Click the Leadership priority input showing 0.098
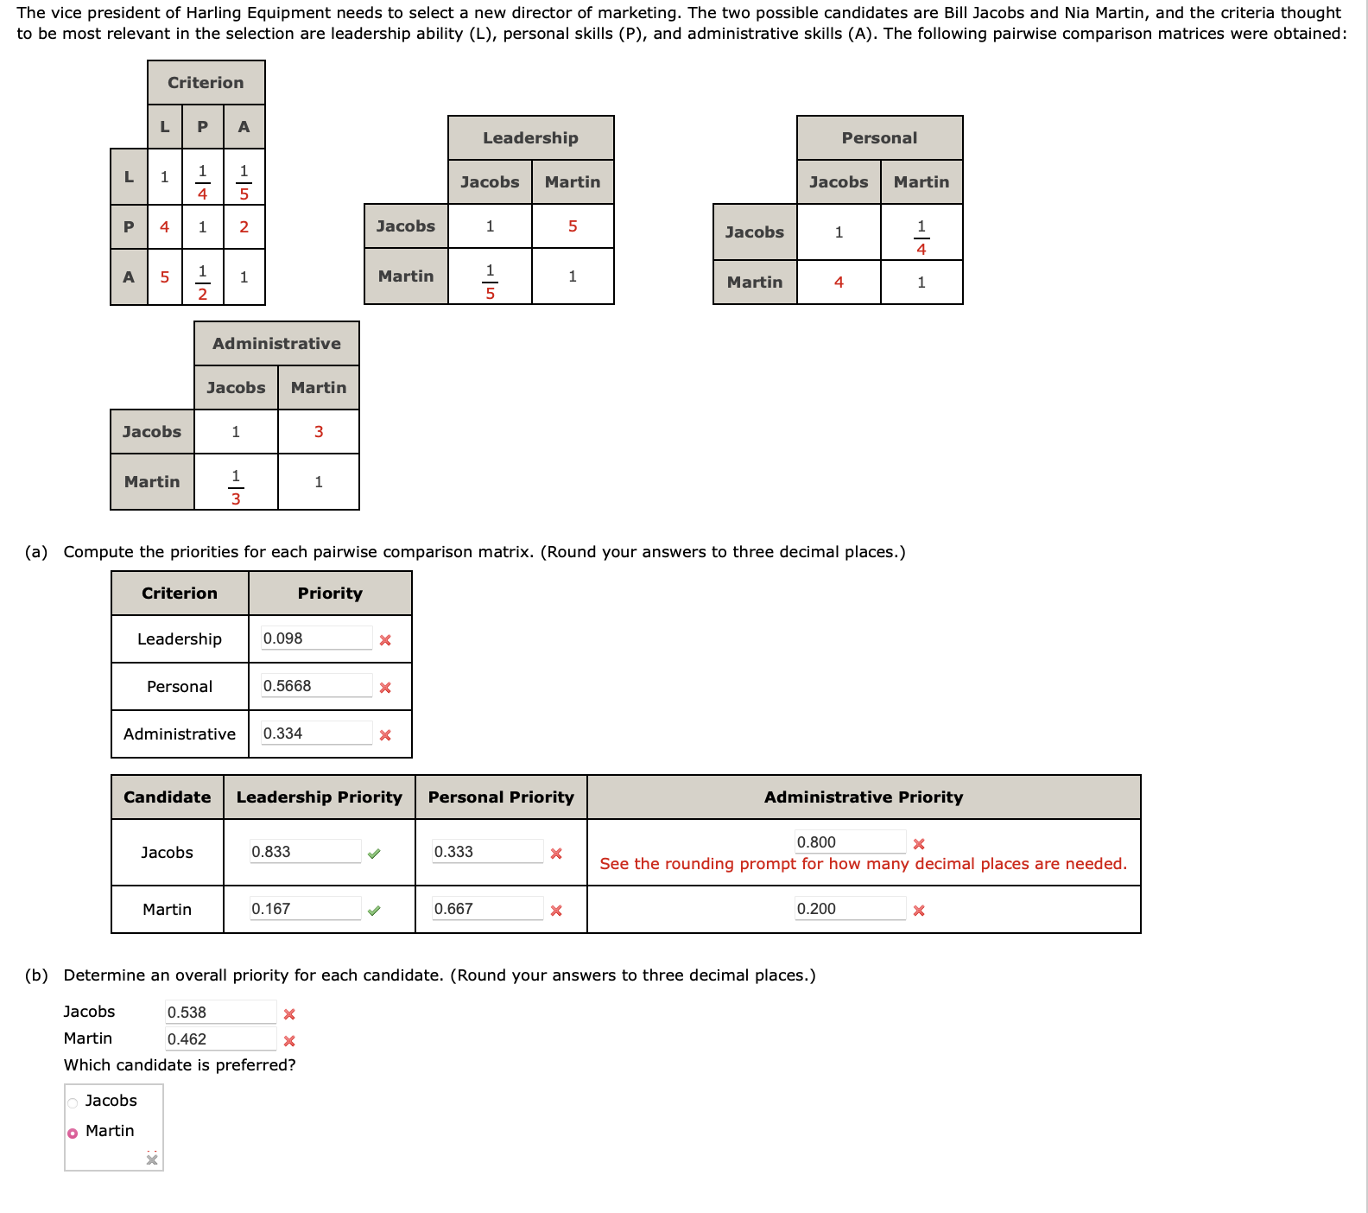tap(316, 638)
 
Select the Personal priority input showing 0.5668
tap(316, 686)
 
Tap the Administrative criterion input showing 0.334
tap(316, 734)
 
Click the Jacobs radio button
tap(73, 1102)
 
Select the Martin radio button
tap(73, 1133)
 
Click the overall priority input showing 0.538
tap(220, 1013)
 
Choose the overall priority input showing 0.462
tap(220, 1039)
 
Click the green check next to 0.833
tap(374, 854)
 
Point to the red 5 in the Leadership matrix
tap(573, 226)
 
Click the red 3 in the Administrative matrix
tap(319, 432)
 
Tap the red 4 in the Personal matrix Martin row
tap(839, 283)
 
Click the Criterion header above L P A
tap(206, 83)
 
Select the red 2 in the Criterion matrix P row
tap(244, 227)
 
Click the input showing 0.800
tap(850, 842)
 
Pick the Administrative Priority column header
tap(863, 797)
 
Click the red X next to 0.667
tap(556, 911)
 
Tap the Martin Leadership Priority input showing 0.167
tap(305, 909)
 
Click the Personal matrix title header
tap(879, 138)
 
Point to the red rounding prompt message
tap(863, 864)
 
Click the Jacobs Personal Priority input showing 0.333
tap(488, 852)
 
